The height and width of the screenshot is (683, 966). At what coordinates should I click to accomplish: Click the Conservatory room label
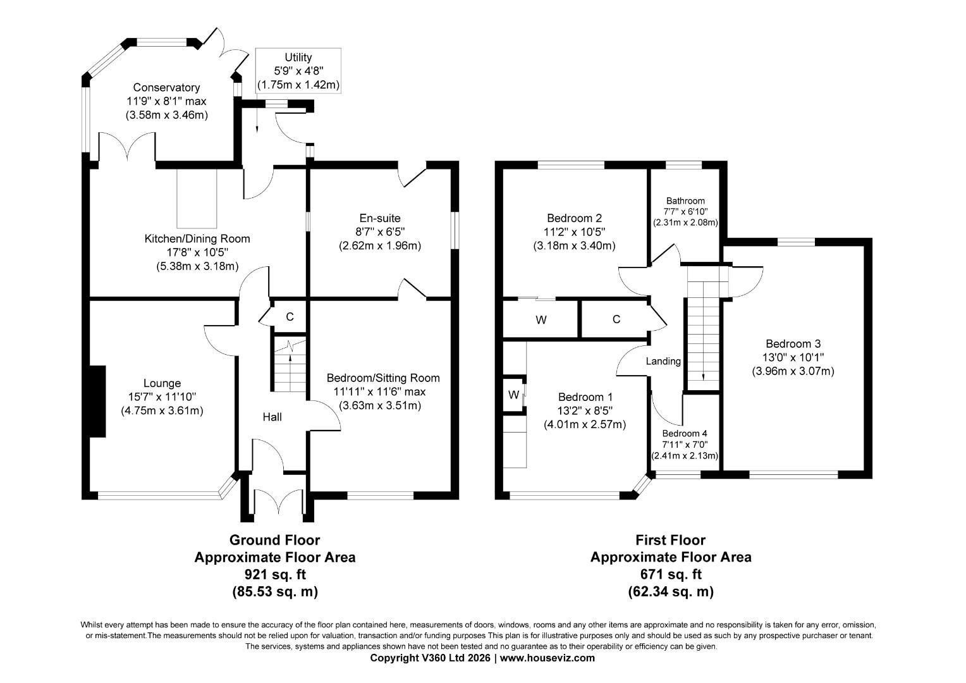(166, 87)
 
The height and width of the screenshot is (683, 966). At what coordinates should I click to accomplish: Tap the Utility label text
(298, 58)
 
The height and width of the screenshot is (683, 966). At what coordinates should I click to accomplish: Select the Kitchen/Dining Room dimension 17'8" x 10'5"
(197, 252)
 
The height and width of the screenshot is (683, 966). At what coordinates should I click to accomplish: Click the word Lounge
(162, 383)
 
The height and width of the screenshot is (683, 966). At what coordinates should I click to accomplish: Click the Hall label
(272, 417)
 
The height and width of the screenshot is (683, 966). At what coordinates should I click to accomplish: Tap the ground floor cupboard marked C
(290, 317)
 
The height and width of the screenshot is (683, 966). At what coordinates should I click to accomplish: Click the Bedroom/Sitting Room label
(382, 378)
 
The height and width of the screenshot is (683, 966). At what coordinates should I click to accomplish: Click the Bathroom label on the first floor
(684, 200)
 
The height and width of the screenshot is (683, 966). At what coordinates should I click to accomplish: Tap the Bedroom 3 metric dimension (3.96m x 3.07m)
(793, 371)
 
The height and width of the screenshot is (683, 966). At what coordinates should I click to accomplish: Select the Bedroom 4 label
(685, 434)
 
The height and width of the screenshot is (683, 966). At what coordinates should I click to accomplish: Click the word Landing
(663, 361)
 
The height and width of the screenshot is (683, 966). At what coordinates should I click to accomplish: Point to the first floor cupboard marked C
(616, 319)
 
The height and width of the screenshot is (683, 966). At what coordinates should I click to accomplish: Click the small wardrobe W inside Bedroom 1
(513, 395)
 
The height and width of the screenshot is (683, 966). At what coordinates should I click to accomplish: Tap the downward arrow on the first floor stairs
(704, 373)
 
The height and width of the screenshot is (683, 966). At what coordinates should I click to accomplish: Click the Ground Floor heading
(274, 540)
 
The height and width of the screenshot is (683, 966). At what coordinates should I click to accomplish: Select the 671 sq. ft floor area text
(670, 574)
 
